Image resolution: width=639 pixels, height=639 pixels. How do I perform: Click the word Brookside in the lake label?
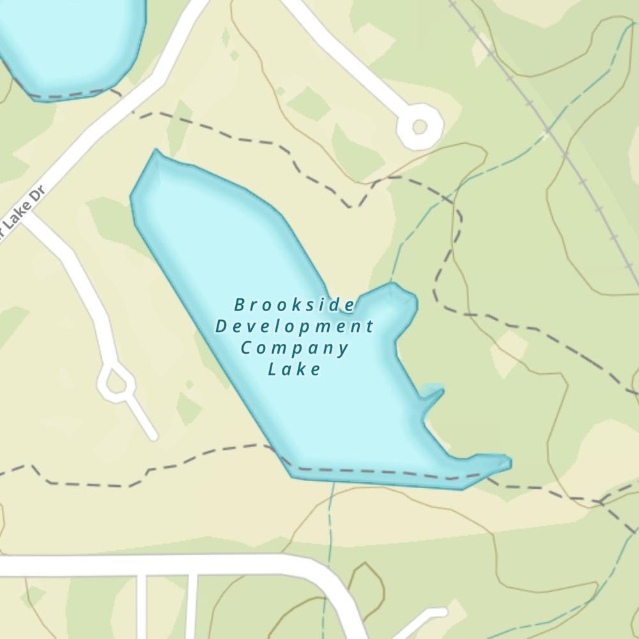[295, 305]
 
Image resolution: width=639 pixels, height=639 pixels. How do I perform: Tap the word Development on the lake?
[295, 327]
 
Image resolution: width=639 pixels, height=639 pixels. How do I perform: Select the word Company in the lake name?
[295, 348]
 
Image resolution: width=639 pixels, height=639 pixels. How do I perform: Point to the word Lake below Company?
[295, 369]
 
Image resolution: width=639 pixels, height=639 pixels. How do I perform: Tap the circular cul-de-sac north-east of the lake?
[419, 127]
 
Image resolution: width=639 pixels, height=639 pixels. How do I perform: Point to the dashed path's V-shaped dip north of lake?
[351, 206]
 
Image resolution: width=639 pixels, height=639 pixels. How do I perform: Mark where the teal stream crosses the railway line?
[548, 131]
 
